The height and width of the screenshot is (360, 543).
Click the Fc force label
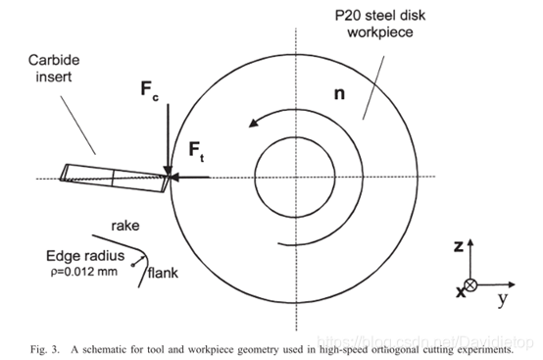[150, 91]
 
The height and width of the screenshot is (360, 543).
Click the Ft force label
[196, 151]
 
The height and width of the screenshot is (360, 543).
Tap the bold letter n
[339, 94]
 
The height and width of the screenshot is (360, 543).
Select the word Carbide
[54, 60]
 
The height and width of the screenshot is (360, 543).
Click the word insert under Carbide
[54, 77]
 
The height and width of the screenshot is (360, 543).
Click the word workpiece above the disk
[380, 32]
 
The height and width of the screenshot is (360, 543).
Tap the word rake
[125, 226]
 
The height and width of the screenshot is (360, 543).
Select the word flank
[163, 273]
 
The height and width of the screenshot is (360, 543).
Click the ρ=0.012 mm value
[84, 272]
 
